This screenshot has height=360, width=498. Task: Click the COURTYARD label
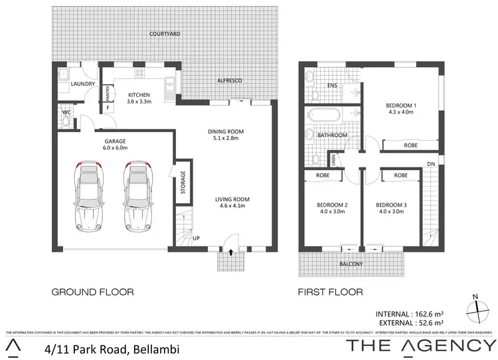pos(165,33)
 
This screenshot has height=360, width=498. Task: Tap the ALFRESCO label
pos(228,80)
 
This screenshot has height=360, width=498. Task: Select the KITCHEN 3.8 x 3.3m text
pos(139,99)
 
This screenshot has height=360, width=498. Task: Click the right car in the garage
pos(136,195)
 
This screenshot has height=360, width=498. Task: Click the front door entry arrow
pos(231,252)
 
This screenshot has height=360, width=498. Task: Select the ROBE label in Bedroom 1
pos(410,145)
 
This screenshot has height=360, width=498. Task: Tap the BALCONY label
pos(351,264)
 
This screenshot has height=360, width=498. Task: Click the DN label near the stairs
pos(431,163)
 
